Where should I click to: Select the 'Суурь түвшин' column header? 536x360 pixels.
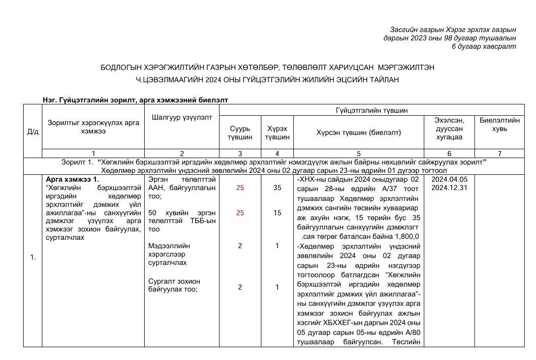tap(240, 132)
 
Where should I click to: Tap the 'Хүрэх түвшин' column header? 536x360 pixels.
tap(277, 132)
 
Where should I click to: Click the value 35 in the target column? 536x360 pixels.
tap(277, 188)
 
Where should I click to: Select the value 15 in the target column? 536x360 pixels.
tap(277, 213)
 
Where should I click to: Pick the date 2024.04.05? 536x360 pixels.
tap(449, 179)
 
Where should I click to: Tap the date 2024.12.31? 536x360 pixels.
tap(449, 188)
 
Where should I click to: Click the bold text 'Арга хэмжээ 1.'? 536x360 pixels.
tap(72, 179)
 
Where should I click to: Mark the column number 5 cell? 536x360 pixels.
tap(359, 153)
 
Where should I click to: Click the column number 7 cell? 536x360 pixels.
tap(500, 153)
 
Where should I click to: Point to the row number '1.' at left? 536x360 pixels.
tap(33, 257)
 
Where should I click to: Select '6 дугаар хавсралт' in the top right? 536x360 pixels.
tap(484, 46)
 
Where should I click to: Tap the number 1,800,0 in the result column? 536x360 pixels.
tap(404, 237)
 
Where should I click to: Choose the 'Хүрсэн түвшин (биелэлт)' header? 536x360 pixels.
tap(359, 132)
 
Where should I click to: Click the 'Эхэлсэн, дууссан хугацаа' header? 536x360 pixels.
tap(449, 129)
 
